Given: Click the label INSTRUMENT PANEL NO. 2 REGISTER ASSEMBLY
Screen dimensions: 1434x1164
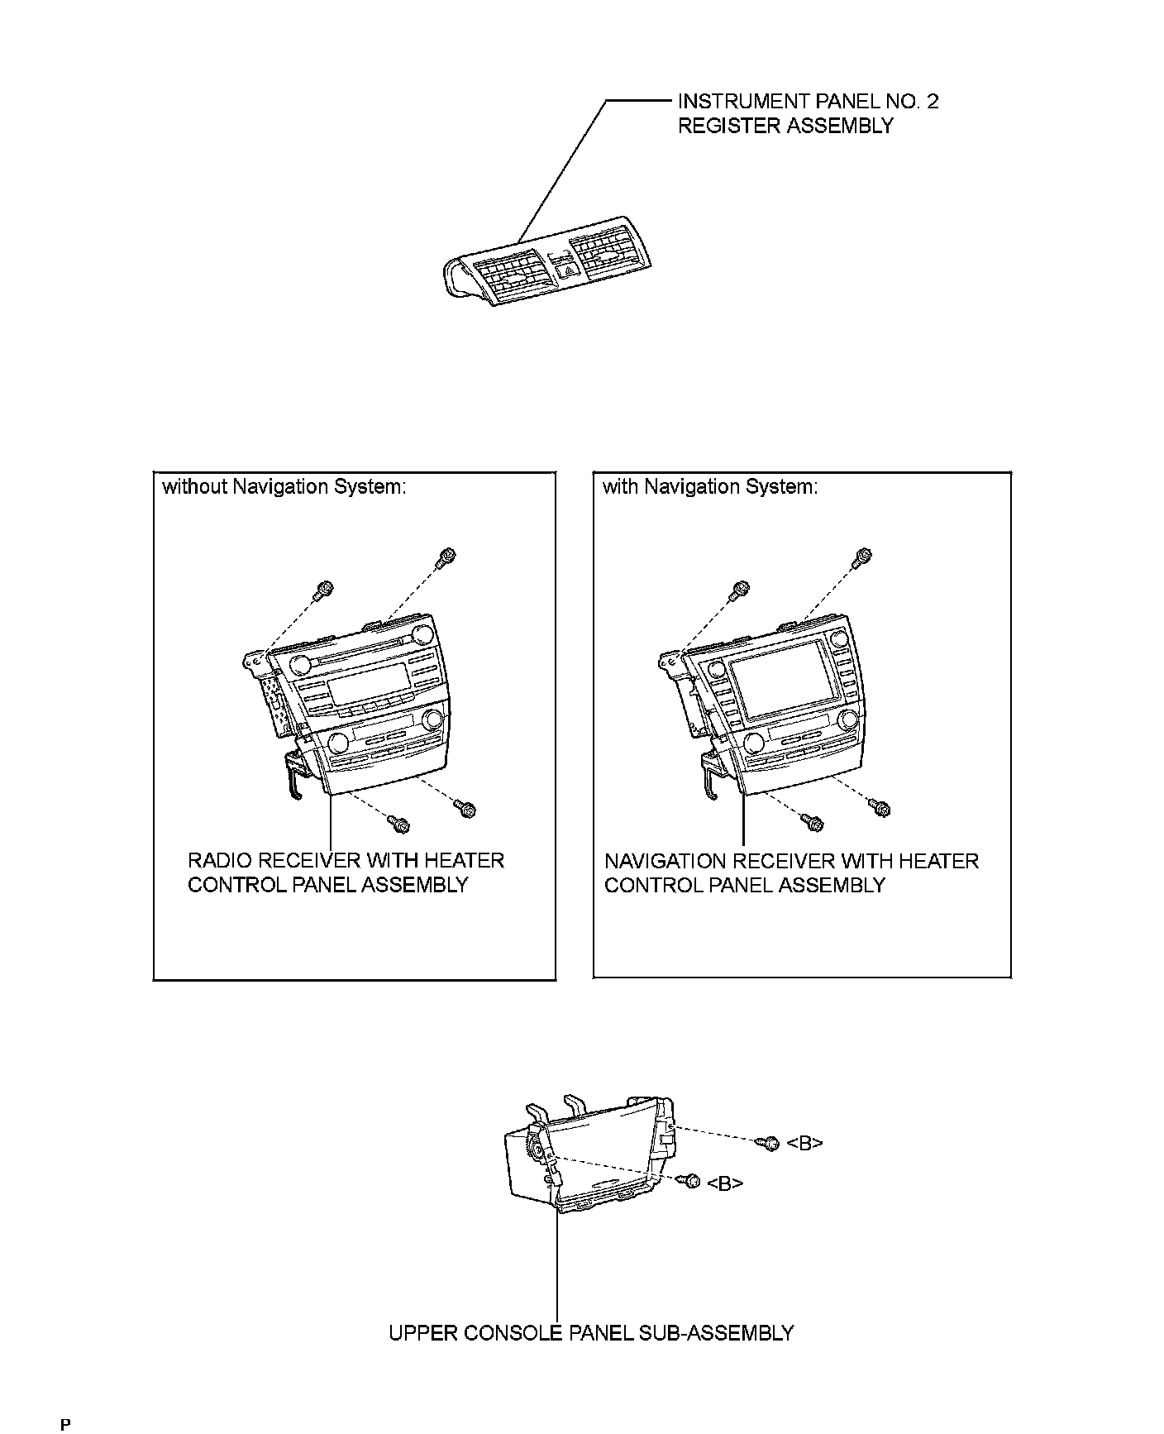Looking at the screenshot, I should [807, 113].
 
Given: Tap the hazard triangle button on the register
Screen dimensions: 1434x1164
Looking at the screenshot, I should [568, 267].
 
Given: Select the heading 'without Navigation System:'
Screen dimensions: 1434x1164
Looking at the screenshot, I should [284, 486].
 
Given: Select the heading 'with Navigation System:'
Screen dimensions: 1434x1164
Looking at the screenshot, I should [710, 486].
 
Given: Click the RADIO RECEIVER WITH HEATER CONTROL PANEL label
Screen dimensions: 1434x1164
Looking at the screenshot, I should [345, 872].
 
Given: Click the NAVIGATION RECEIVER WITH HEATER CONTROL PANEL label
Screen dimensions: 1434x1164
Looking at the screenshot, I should [790, 872].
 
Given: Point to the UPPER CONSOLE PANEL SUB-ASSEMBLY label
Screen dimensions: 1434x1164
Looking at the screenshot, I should [590, 1332].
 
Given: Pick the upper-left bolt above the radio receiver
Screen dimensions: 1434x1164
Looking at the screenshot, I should [324, 589].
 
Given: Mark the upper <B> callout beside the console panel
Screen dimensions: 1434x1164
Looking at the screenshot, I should [804, 1143].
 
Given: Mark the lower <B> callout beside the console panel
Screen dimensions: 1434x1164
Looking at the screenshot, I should [725, 1183].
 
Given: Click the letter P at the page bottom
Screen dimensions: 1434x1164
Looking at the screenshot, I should [65, 1424].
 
